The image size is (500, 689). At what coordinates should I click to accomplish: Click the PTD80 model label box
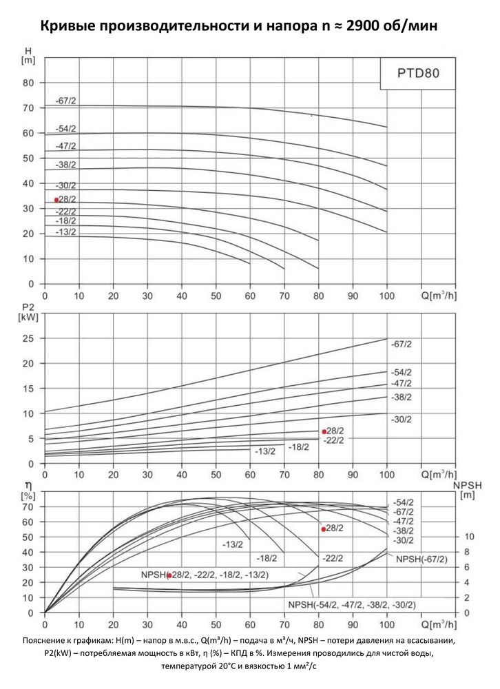point(418,73)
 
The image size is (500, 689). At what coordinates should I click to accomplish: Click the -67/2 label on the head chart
point(65,101)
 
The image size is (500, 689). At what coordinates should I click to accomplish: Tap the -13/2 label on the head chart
point(65,232)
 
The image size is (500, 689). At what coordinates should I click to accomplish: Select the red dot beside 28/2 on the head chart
point(56,200)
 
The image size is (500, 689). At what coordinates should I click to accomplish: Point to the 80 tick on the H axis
point(28,83)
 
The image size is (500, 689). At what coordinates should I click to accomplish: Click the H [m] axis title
point(28,56)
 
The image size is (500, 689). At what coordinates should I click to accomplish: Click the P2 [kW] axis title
point(28,311)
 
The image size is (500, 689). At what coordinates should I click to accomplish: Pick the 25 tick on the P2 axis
point(28,338)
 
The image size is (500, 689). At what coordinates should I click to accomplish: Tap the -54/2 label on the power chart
point(402,373)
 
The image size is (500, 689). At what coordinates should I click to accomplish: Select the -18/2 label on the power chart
point(299,447)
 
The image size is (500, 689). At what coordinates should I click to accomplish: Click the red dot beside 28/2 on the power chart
point(324,432)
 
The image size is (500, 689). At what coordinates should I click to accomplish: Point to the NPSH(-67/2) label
point(421,559)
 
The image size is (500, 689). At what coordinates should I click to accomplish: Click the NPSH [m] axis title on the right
point(468,491)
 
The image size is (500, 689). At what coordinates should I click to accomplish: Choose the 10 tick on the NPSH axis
point(469,537)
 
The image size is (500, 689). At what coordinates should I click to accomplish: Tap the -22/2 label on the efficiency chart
point(333,558)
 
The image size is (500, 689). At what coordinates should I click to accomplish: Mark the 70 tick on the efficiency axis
point(28,506)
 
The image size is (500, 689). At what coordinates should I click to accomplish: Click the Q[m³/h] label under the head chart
point(439,296)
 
